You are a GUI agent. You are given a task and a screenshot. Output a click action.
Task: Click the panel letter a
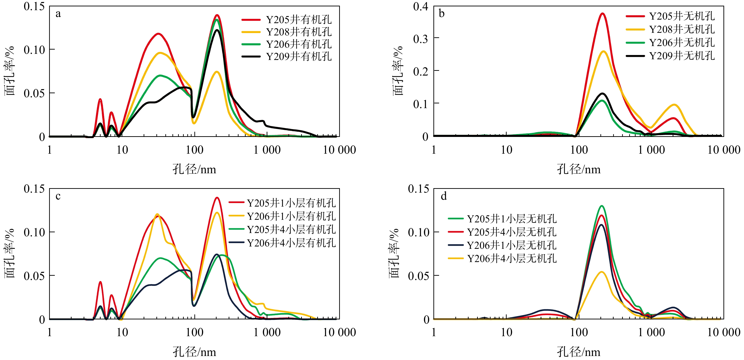(58, 14)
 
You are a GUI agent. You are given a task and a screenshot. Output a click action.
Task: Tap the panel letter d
(444, 196)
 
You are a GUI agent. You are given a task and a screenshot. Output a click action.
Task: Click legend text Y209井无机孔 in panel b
(682, 56)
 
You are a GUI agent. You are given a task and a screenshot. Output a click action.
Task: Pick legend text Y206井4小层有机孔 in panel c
(291, 243)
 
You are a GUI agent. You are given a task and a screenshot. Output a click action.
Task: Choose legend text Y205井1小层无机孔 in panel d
(512, 219)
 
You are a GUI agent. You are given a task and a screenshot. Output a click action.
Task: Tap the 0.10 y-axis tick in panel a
(34, 50)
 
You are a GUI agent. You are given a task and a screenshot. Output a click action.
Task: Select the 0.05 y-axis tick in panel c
(34, 276)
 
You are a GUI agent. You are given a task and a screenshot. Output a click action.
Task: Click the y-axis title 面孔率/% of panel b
(398, 71)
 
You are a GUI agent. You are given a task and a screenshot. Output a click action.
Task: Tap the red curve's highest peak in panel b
(603, 13)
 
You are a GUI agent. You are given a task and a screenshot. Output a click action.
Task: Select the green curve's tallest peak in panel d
(602, 206)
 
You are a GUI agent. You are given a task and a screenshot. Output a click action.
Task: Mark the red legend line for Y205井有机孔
(251, 20)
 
